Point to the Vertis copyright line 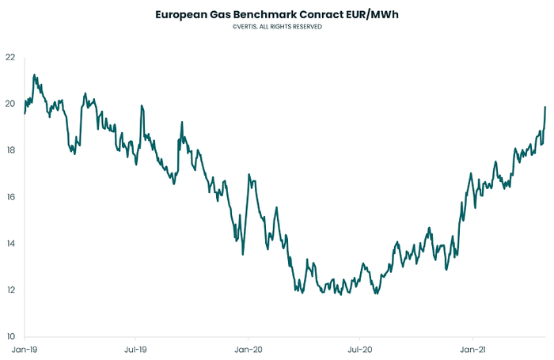tap(277, 27)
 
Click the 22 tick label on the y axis tap(9, 57)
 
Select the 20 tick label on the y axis tap(9, 104)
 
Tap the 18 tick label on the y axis tap(9, 150)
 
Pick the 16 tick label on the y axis tap(9, 197)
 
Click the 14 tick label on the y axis tap(9, 244)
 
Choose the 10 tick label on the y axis tap(9, 336)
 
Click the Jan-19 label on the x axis tap(24, 348)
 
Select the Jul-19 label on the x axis tap(136, 348)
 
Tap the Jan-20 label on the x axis tap(249, 348)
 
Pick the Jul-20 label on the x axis tap(360, 348)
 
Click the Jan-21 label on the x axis tap(472, 348)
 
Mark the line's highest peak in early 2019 tap(34, 75)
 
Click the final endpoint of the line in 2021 tap(545, 107)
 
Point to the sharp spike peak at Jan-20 tap(249, 174)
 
